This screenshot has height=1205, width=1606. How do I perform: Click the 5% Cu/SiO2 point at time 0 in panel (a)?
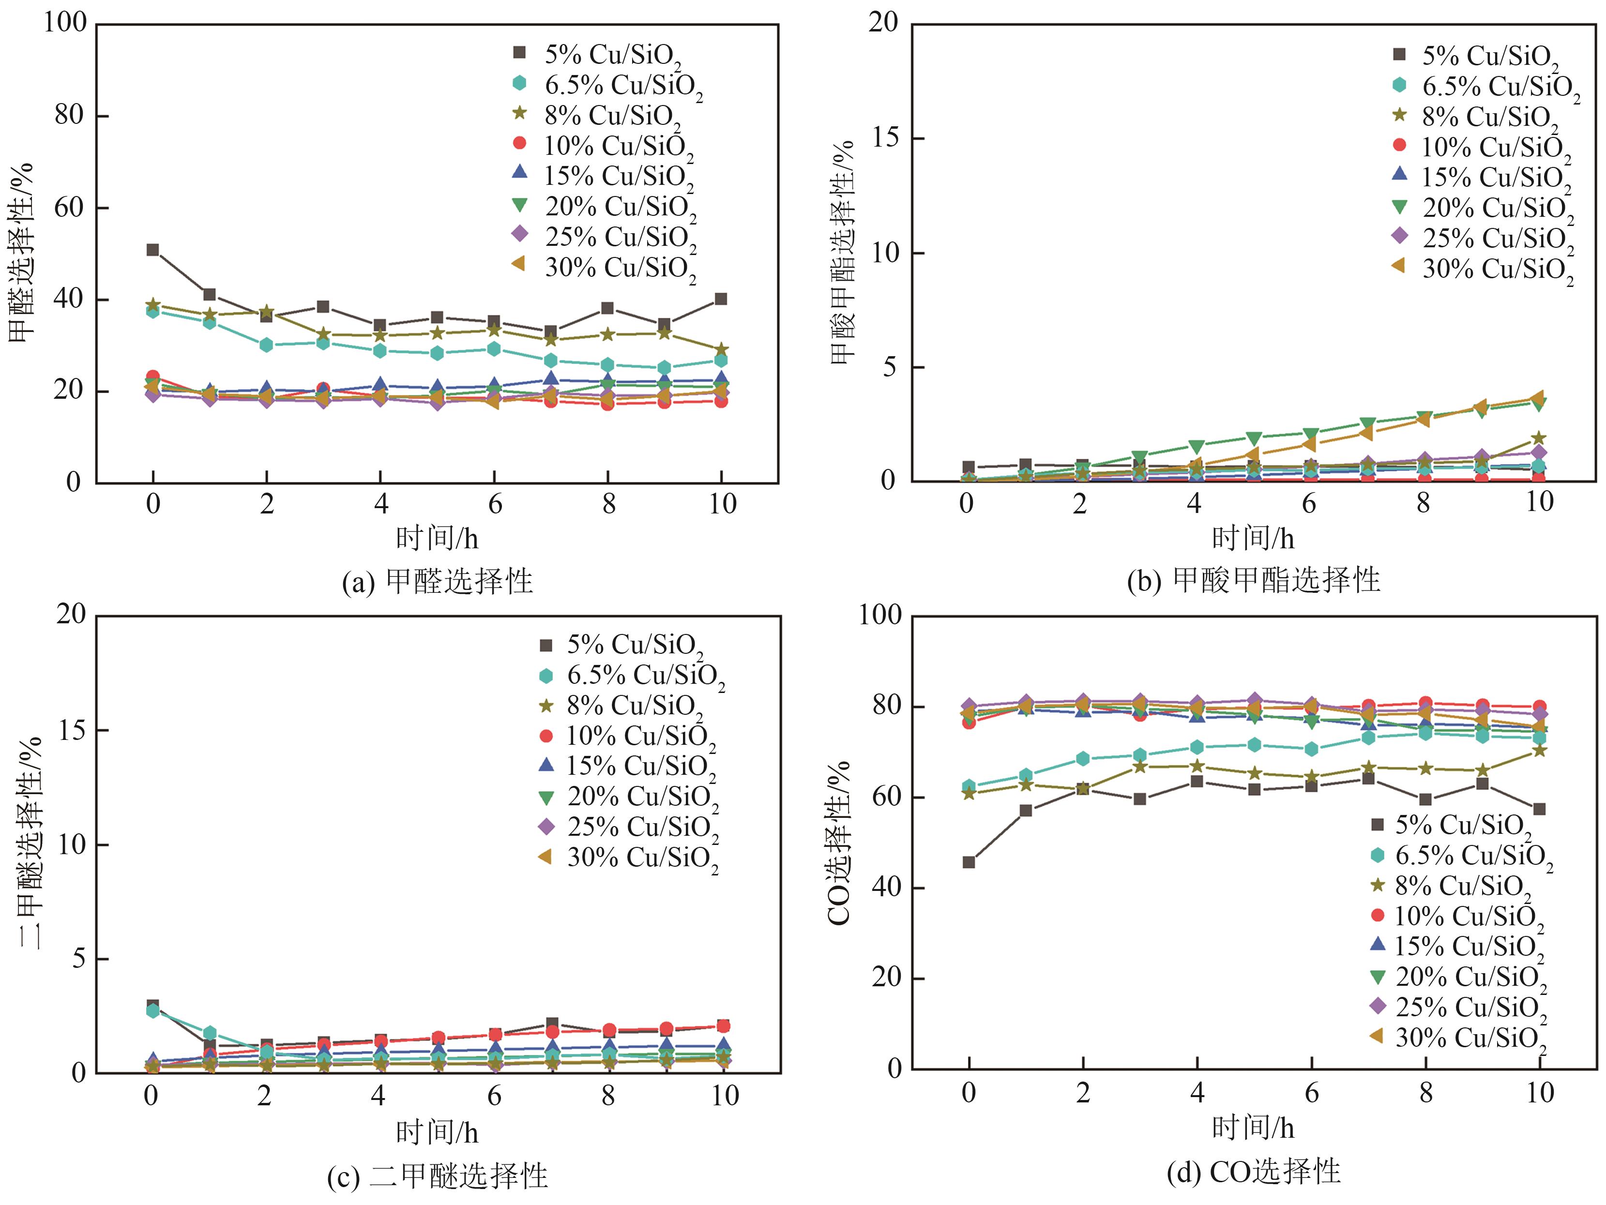tap(152, 250)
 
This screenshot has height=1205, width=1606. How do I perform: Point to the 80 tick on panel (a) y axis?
tap(71, 115)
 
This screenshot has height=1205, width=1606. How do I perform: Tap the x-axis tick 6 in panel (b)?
tap(1308, 503)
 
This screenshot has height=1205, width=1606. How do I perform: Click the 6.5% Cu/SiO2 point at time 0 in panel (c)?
tap(152, 1009)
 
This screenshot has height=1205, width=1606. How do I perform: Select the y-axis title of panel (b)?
tap(842, 252)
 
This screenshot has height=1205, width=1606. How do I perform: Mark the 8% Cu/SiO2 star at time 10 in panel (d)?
tap(1539, 751)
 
